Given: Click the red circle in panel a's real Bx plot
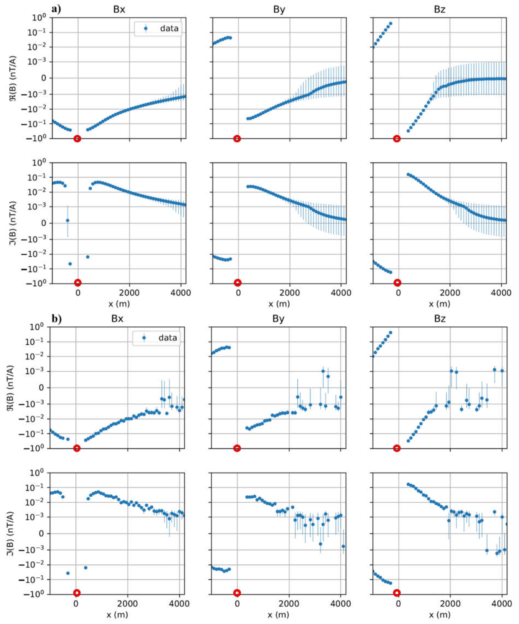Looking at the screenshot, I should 77,138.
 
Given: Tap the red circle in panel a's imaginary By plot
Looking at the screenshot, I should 237,283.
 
